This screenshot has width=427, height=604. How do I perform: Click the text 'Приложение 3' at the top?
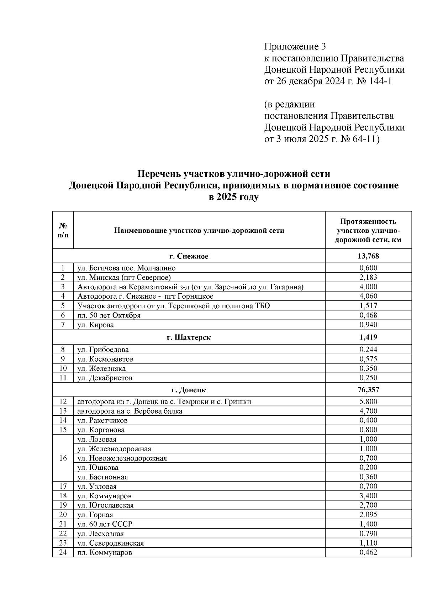pyautogui.click(x=295, y=47)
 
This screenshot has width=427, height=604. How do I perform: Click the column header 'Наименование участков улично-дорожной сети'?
pyautogui.click(x=199, y=231)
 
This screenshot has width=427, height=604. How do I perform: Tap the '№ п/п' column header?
pyautogui.click(x=63, y=230)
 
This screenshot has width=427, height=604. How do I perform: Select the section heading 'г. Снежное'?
pyautogui.click(x=189, y=256)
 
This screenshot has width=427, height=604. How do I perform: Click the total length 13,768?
pyautogui.click(x=368, y=256)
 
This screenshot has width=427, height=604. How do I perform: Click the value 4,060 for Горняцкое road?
pyautogui.click(x=368, y=296)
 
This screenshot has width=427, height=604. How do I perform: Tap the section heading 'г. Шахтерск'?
pyautogui.click(x=189, y=337)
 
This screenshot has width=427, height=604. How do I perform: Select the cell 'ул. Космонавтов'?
pyautogui.click(x=105, y=359)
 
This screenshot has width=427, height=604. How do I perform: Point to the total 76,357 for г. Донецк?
pyautogui.click(x=368, y=390)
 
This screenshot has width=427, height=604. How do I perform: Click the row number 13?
pyautogui.click(x=63, y=411)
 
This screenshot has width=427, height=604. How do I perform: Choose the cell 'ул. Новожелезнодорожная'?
pyautogui.click(x=122, y=458)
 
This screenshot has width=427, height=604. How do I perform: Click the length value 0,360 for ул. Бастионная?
pyautogui.click(x=368, y=477)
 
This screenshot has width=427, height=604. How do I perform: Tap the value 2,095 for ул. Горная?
pyautogui.click(x=368, y=515)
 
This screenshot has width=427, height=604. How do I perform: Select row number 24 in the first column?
pyautogui.click(x=63, y=552)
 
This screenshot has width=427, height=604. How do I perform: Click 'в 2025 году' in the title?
pyautogui.click(x=233, y=197)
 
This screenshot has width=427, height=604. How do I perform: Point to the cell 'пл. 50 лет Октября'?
pyautogui.click(x=109, y=315)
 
